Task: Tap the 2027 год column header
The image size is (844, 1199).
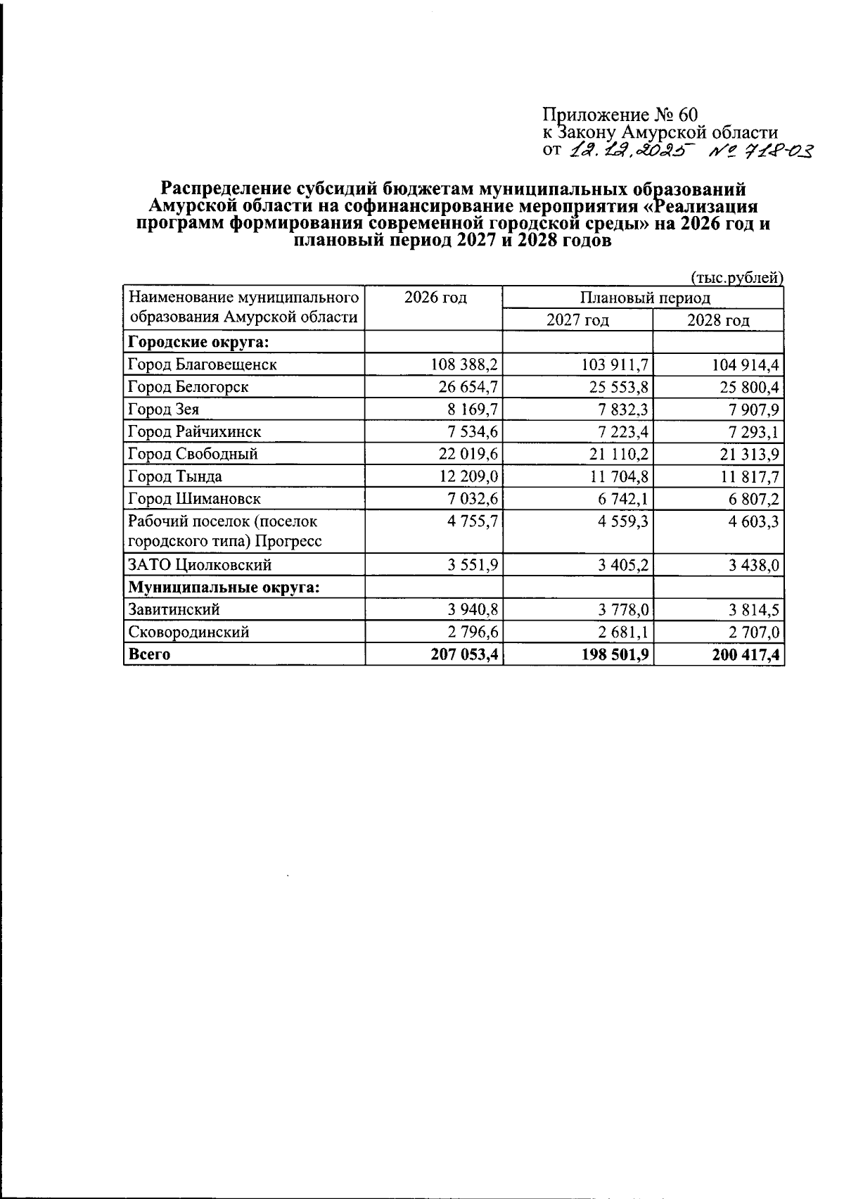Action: tap(577, 320)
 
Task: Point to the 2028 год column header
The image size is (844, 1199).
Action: tap(717, 320)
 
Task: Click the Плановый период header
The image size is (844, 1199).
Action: tap(644, 298)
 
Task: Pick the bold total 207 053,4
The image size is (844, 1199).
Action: tap(464, 654)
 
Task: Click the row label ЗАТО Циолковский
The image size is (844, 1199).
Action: tap(200, 565)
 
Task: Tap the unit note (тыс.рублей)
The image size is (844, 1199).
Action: tap(736, 278)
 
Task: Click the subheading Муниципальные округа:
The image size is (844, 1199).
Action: tap(223, 587)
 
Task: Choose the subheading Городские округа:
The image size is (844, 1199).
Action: tap(199, 343)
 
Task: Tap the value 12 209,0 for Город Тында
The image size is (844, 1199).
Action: tap(468, 476)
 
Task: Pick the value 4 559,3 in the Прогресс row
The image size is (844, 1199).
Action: tap(620, 521)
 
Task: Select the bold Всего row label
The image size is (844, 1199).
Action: tap(149, 654)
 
